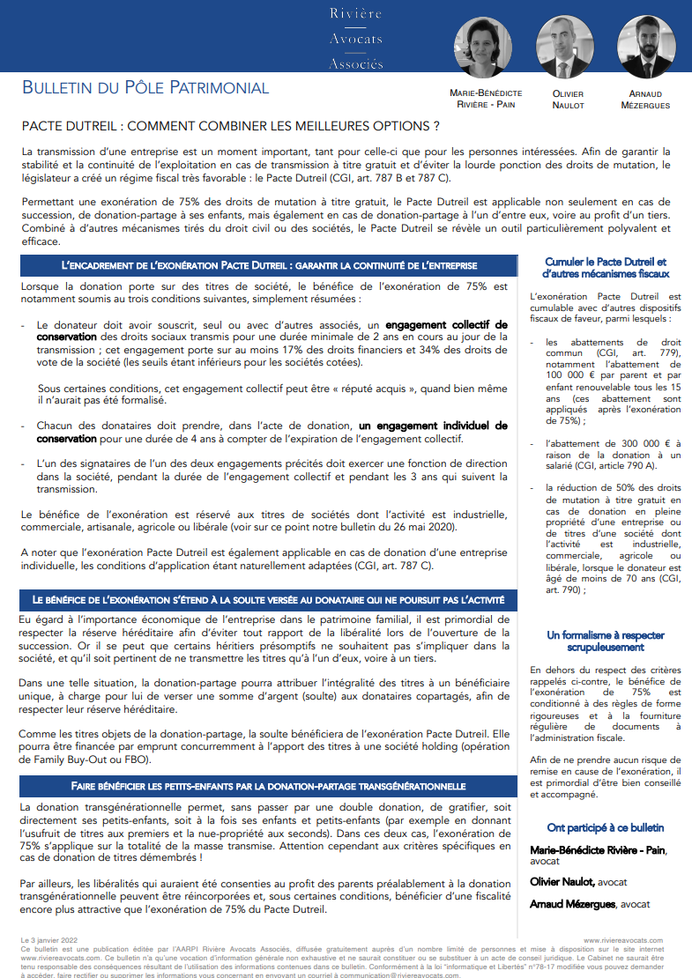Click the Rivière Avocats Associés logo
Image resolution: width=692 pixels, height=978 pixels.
pos(356,38)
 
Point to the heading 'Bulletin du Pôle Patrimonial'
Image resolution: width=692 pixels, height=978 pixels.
pos(145,87)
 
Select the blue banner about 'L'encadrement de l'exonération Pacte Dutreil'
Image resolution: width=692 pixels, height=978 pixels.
pos(269,265)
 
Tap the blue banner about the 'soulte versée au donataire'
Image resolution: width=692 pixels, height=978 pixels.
pos(269,600)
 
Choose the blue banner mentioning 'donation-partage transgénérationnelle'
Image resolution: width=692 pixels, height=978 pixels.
pos(269,785)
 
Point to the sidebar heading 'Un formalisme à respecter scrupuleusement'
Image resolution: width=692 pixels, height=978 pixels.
pos(606,641)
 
